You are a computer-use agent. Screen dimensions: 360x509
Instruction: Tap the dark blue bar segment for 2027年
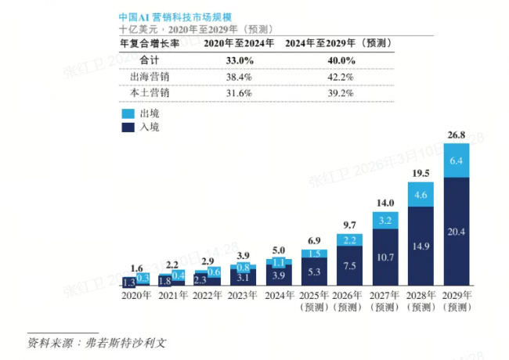[x=385, y=257]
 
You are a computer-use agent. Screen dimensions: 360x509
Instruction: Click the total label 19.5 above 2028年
[x=421, y=174]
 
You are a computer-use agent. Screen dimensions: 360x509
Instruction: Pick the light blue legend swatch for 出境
[x=128, y=113]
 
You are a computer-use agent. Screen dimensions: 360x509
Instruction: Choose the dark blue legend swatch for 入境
[x=128, y=126]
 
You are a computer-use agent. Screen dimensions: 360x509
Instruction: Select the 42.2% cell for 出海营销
[x=339, y=77]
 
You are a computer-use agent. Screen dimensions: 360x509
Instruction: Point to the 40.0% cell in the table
[x=339, y=61]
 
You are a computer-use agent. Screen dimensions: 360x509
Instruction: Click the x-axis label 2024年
[x=278, y=295]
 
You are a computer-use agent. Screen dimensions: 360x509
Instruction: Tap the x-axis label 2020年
[x=137, y=295]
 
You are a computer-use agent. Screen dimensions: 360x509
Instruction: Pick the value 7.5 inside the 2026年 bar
[x=350, y=265]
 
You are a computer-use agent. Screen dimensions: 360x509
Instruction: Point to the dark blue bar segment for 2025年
[x=314, y=272]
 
